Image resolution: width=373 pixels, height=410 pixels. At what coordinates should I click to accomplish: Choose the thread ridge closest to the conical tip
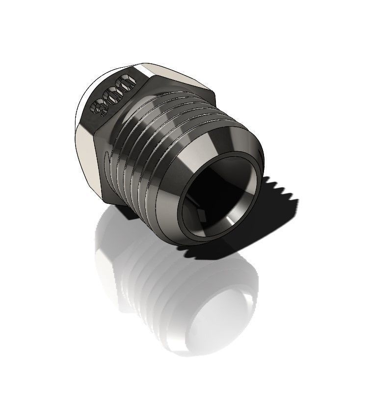169,162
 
